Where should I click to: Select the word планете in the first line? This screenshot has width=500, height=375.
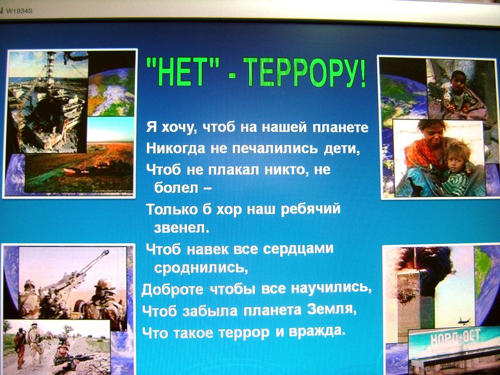340,127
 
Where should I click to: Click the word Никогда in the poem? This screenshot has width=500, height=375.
175,148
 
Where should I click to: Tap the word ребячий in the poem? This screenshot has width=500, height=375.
311,210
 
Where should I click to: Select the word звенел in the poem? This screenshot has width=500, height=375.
181,228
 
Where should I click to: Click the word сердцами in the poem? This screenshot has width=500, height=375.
298,249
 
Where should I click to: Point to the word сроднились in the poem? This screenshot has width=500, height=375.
201,268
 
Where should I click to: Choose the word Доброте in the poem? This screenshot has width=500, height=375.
172,290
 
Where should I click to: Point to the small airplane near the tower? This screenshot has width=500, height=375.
464,320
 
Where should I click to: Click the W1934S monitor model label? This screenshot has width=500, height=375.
19,11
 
